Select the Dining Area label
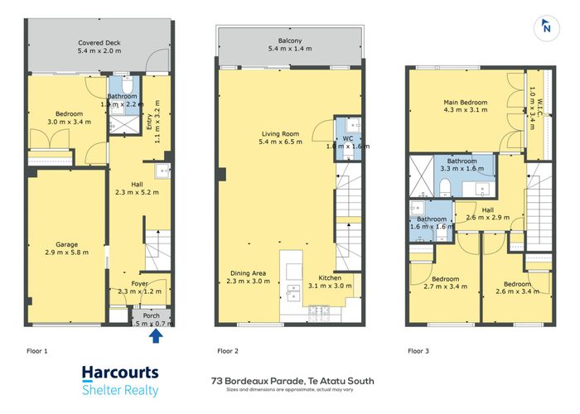pyautogui.click(x=246, y=277)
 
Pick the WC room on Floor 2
pyautogui.click(x=346, y=142)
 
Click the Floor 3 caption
pyautogui.click(x=419, y=351)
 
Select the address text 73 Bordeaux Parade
pyautogui.click(x=293, y=380)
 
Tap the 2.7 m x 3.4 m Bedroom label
pyautogui.click(x=445, y=284)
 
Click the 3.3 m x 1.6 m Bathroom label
pyautogui.click(x=462, y=165)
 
